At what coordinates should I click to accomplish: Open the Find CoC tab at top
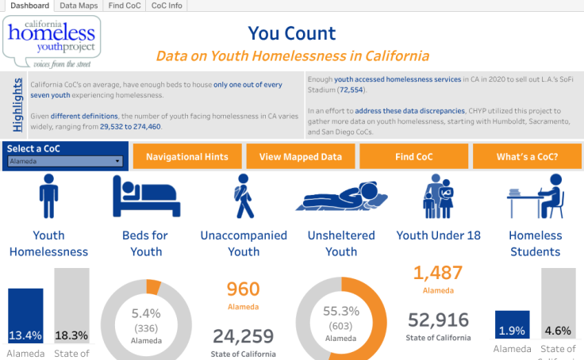tap(124, 6)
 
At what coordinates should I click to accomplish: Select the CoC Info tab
tap(167, 6)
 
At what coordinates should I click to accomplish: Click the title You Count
tap(292, 33)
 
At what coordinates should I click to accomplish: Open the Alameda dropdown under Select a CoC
tap(66, 161)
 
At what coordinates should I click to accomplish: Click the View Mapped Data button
tap(301, 157)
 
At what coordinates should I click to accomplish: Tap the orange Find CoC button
tap(413, 157)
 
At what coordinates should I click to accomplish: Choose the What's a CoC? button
tap(527, 157)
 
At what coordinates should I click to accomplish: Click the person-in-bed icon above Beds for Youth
tap(147, 197)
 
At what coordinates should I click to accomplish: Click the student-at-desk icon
tap(536, 197)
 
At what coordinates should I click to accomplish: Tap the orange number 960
tap(243, 289)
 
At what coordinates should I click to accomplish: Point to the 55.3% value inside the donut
tap(341, 311)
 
